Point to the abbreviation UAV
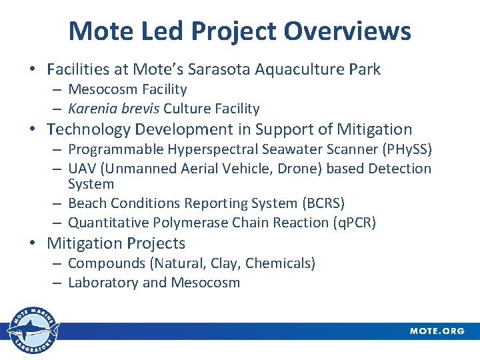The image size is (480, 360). (x=83, y=169)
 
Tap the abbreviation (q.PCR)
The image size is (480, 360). (x=353, y=223)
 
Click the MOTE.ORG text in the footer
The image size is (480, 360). (x=437, y=331)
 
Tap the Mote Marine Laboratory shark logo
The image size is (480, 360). (x=32, y=331)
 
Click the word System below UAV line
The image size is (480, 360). (x=91, y=184)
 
